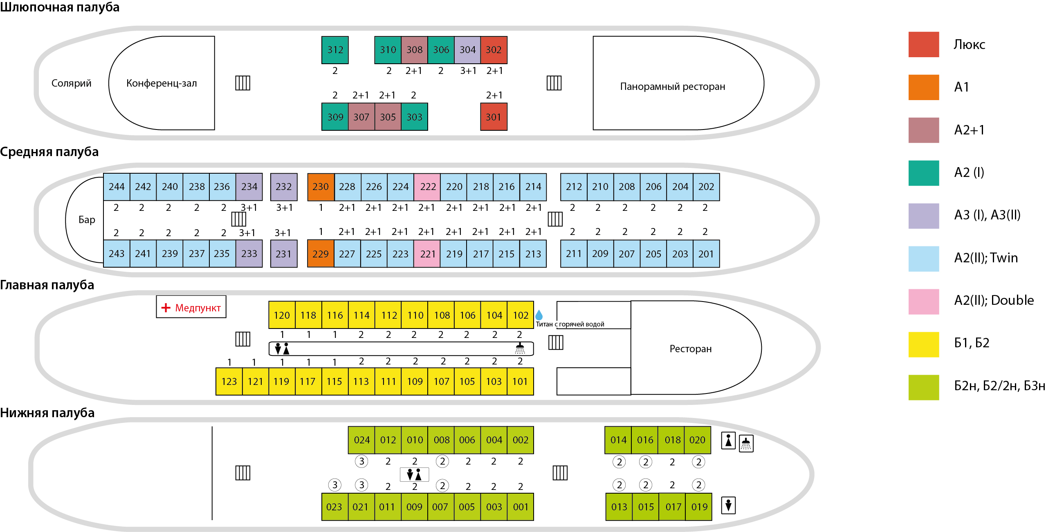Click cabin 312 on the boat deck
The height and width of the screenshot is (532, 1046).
pyautogui.click(x=335, y=50)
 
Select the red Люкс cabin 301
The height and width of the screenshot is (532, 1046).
pyautogui.click(x=494, y=117)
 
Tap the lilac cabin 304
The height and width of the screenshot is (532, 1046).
pyautogui.click(x=467, y=50)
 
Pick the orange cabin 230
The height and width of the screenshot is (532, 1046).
pyautogui.click(x=321, y=187)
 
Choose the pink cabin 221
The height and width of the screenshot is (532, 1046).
pyautogui.click(x=427, y=254)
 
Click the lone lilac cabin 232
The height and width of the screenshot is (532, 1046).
pyautogui.click(x=284, y=187)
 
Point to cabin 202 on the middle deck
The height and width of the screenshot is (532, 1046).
pyautogui.click(x=706, y=187)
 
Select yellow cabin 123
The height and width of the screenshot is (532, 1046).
pyautogui.click(x=229, y=381)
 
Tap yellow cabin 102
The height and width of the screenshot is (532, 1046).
pyautogui.click(x=521, y=315)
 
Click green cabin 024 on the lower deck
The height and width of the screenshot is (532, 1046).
pyautogui.click(x=361, y=440)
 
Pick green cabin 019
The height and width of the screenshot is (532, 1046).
pyautogui.click(x=699, y=507)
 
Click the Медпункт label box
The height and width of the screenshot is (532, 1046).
pyautogui.click(x=191, y=307)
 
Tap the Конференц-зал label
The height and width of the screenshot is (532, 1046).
pyautogui.click(x=162, y=83)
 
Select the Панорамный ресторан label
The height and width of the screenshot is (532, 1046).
pyautogui.click(x=672, y=87)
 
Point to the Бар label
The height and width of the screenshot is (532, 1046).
pyautogui.click(x=87, y=220)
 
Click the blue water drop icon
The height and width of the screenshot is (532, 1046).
pyautogui.click(x=539, y=315)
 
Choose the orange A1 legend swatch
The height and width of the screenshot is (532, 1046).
pyautogui.click(x=923, y=87)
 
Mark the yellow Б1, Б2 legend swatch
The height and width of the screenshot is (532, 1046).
pyautogui.click(x=923, y=344)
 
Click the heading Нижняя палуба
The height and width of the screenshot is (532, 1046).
pyautogui.click(x=47, y=413)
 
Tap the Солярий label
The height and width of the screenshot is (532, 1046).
pyautogui.click(x=71, y=83)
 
